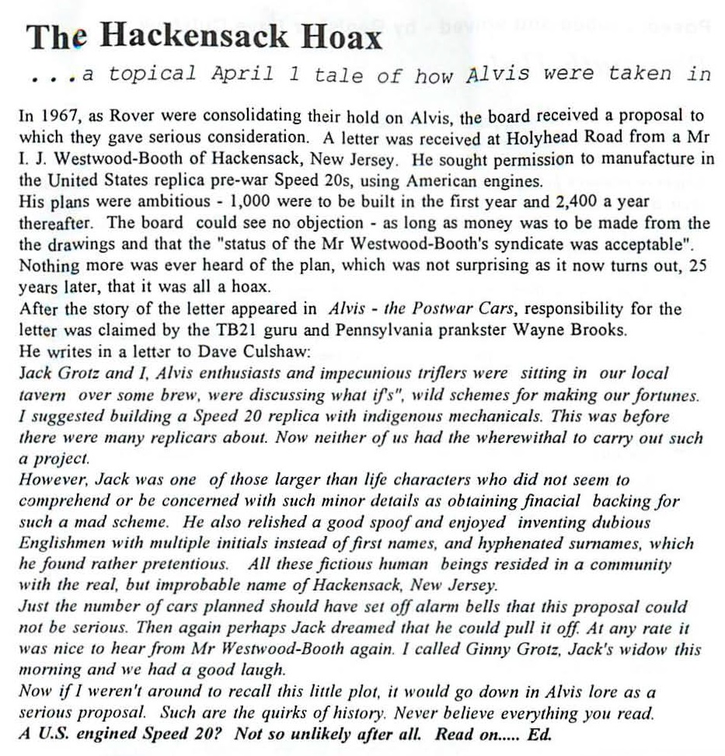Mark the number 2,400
[x=557, y=202]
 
